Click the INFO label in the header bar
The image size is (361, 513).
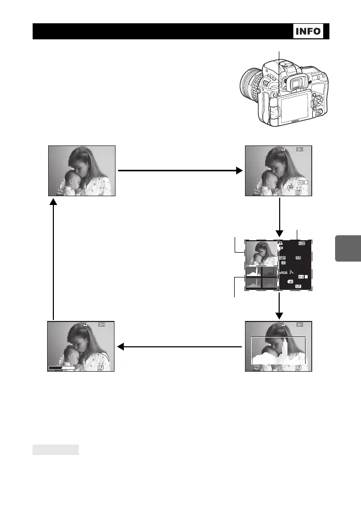(308, 31)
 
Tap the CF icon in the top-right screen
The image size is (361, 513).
(298, 192)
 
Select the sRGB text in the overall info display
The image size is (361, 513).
(283, 272)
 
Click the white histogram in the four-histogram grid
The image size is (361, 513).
(253, 272)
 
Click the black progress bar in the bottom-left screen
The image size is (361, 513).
(62, 368)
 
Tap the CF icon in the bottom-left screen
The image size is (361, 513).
(99, 368)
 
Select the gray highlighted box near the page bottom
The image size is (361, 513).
(55, 449)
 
